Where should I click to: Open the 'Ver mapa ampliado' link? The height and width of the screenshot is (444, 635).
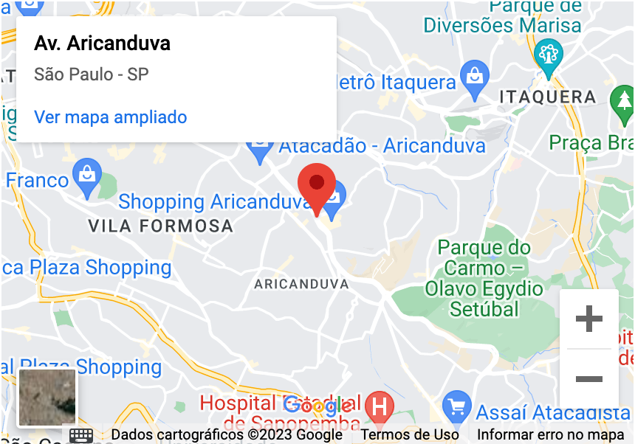pos(110,117)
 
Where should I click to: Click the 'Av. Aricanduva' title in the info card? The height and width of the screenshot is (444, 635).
pos(102,44)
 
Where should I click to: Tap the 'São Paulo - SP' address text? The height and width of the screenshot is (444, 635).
pos(91,74)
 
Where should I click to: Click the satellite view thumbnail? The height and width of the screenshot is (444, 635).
pos(47,398)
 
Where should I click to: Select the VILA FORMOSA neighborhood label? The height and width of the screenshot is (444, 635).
pos(160,226)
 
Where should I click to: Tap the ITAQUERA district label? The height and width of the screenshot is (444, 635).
pos(547,97)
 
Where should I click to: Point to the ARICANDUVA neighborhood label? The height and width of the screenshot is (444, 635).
pos(301,284)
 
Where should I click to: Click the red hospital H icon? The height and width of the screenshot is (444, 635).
pos(380,406)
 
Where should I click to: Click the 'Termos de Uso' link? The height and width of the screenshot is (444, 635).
pos(410,434)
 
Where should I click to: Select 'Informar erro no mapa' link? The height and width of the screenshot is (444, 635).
pos(551,434)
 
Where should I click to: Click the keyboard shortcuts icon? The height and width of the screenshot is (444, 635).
pos(81,434)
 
